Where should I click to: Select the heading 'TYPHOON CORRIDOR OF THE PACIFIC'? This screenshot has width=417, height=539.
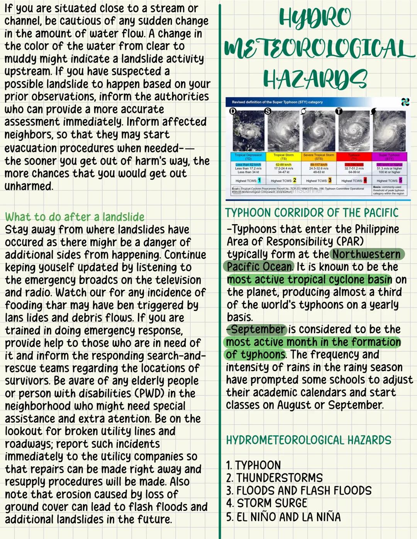pyautogui.click(x=312, y=213)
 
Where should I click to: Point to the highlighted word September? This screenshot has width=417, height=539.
pyautogui.click(x=257, y=329)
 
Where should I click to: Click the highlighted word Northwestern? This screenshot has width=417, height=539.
pyautogui.click(x=366, y=254)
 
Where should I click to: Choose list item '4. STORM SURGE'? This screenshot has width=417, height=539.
pyautogui.click(x=266, y=504)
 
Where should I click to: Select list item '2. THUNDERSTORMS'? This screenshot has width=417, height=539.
pyautogui.click(x=274, y=478)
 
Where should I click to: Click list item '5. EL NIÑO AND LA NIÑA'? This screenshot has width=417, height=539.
pyautogui.click(x=283, y=517)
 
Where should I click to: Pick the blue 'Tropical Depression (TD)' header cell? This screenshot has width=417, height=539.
pyautogui.click(x=248, y=157)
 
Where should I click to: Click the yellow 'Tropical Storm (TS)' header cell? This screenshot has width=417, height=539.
pyautogui.click(x=283, y=157)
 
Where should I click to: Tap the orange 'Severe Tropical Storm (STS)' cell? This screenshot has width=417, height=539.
pyautogui.click(x=319, y=157)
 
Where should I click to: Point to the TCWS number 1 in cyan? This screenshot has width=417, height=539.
pyautogui.click(x=259, y=180)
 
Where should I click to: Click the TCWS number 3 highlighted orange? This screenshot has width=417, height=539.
pyautogui.click(x=330, y=180)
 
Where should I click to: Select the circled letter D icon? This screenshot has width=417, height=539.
pyautogui.click(x=232, y=111)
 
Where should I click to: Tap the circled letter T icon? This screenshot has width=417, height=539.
pyautogui.click(x=339, y=111)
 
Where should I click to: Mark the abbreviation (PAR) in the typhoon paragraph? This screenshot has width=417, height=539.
pyautogui.click(x=350, y=242)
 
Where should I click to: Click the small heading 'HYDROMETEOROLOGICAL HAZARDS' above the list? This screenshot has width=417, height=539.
pyautogui.click(x=309, y=440)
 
